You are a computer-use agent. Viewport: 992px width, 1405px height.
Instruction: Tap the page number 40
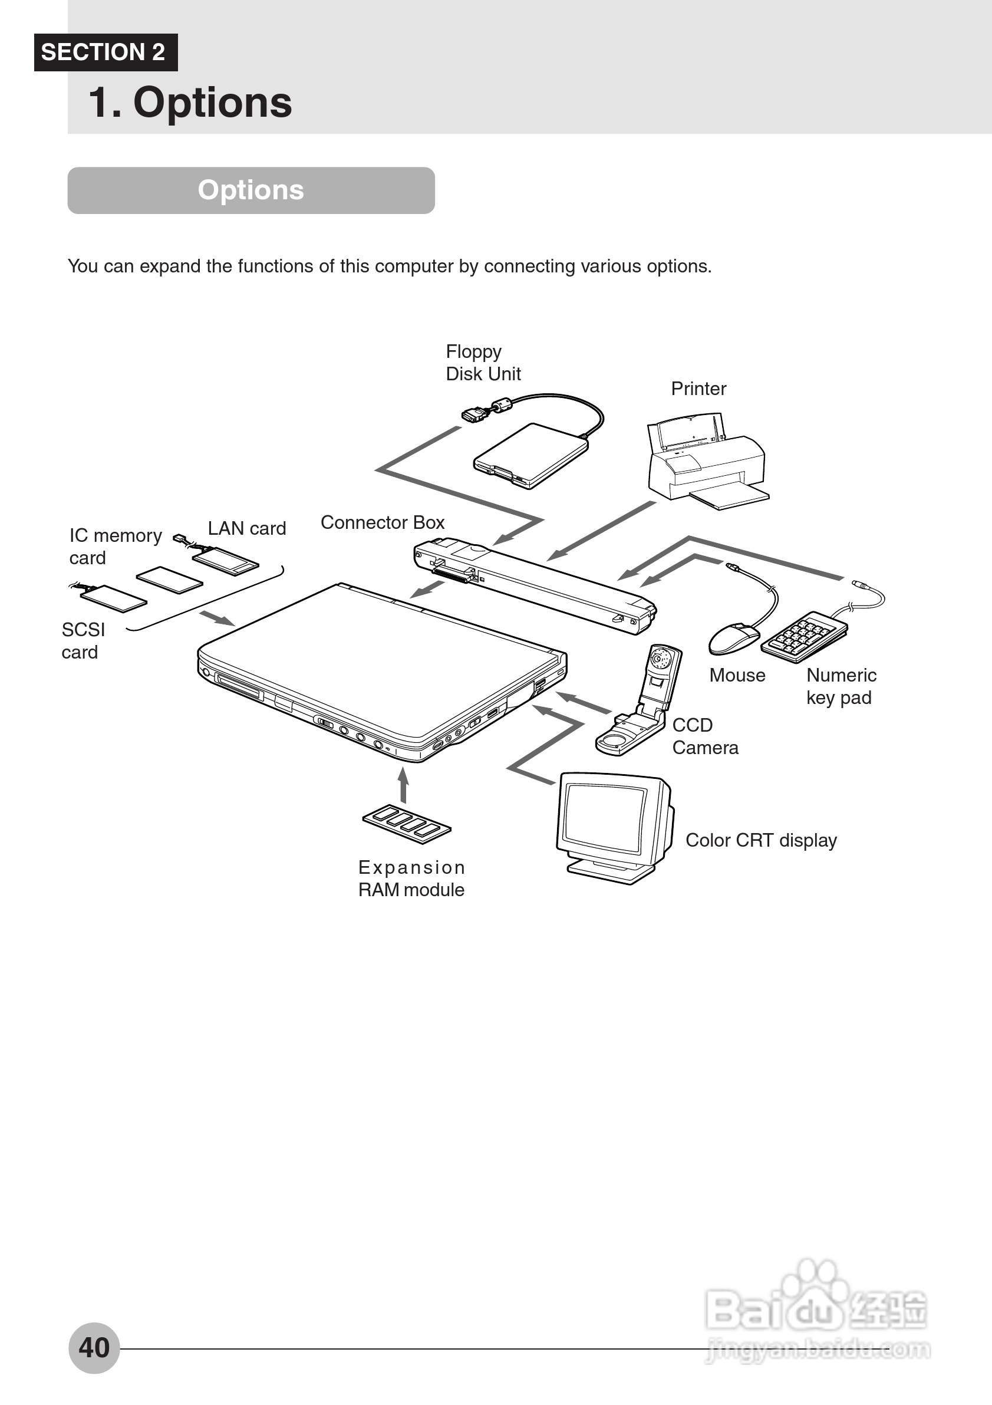click(x=94, y=1347)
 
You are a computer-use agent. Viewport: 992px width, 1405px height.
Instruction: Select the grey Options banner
click(x=251, y=190)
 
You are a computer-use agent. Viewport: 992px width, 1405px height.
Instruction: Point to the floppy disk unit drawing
click(x=531, y=455)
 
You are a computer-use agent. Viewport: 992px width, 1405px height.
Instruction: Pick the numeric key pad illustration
click(x=803, y=636)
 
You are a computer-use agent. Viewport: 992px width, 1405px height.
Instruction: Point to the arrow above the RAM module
click(x=403, y=784)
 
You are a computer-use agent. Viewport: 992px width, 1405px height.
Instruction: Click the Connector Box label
click(x=383, y=522)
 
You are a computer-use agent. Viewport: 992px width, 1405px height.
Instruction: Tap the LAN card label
click(x=246, y=528)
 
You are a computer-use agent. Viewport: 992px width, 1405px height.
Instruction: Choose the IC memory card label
click(x=115, y=547)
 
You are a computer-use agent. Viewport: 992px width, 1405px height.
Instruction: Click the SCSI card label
click(x=83, y=641)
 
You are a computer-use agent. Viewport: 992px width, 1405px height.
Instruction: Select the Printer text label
click(x=698, y=389)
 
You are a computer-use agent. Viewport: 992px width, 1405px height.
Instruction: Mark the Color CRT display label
click(x=761, y=840)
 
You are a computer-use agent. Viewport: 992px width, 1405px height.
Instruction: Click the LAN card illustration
click(x=226, y=560)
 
